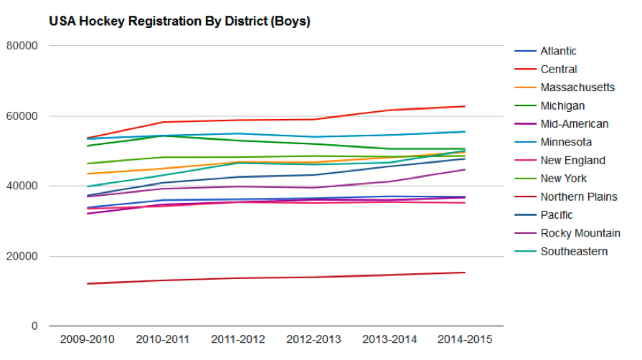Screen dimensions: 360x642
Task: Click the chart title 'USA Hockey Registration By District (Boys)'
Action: pyautogui.click(x=179, y=22)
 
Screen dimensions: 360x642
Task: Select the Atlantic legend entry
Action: pyautogui.click(x=558, y=51)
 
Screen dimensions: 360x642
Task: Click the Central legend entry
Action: pyautogui.click(x=558, y=70)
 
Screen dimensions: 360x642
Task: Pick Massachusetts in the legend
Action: pyautogui.click(x=577, y=87)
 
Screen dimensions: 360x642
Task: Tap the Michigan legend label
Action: pyautogui.click(x=562, y=106)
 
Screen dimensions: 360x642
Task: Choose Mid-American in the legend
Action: pyautogui.click(x=574, y=124)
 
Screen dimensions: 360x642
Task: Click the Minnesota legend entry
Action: pyautogui.click(x=566, y=142)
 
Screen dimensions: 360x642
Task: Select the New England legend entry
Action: pyautogui.click(x=572, y=161)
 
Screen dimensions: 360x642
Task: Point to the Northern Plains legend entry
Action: pyautogui.click(x=578, y=197)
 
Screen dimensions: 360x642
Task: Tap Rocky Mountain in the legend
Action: pyautogui.click(x=580, y=233)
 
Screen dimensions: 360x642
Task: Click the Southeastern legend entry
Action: pyautogui.click(x=574, y=252)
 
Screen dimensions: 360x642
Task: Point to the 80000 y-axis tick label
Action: pyautogui.click(x=22, y=46)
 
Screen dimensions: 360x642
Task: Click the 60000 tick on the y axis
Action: pyautogui.click(x=22, y=116)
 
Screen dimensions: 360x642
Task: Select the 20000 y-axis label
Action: pyautogui.click(x=22, y=256)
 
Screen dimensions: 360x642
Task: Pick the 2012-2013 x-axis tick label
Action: pyautogui.click(x=314, y=338)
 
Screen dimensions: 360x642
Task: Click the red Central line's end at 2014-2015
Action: pyautogui.click(x=466, y=106)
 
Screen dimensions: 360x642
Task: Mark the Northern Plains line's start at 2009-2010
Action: pyautogui.click(x=87, y=283)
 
